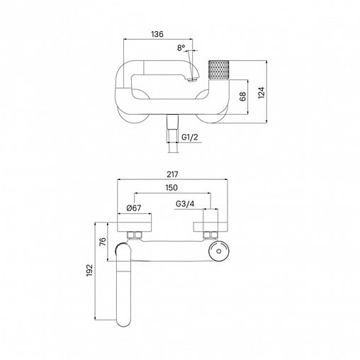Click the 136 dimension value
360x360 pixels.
pyautogui.click(x=157, y=34)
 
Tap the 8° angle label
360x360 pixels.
pyautogui.click(x=181, y=48)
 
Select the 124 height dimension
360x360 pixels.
pyautogui.click(x=261, y=93)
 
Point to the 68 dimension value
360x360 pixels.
pyautogui.click(x=242, y=96)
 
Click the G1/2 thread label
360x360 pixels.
pyautogui.click(x=190, y=137)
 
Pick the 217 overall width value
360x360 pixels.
pyautogui.click(x=172, y=174)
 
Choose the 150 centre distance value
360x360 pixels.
pyautogui.click(x=171, y=188)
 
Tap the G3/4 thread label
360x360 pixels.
pyautogui.click(x=185, y=203)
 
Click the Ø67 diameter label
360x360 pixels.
pyautogui.click(x=134, y=208)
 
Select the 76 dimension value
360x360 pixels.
pyautogui.click(x=103, y=242)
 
